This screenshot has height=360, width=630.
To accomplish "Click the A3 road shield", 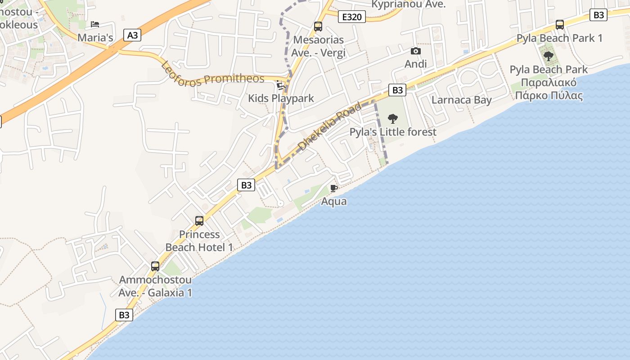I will [x=132, y=35].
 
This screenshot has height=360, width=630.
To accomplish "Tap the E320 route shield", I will [x=351, y=17].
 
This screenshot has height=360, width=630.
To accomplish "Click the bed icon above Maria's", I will [x=95, y=24].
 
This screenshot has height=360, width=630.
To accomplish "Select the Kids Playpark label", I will [x=281, y=99].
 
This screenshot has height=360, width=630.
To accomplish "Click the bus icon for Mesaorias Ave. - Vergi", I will [x=318, y=27].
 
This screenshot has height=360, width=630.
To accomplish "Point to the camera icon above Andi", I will [x=416, y=51].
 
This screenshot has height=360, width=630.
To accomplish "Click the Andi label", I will [x=416, y=64].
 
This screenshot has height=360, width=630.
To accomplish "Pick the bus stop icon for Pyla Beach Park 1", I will [x=560, y=25].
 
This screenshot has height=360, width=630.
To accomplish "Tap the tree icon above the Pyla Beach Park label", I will [x=549, y=56].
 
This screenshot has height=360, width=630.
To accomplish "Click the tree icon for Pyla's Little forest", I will [x=393, y=119].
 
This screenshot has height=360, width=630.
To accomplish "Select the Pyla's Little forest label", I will [x=393, y=132].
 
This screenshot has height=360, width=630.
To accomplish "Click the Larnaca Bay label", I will [x=462, y=100].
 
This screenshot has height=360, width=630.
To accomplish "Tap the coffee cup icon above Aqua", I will [x=334, y=188].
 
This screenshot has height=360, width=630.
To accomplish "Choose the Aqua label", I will [x=334, y=201].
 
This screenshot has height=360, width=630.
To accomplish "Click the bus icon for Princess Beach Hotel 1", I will [x=199, y=221].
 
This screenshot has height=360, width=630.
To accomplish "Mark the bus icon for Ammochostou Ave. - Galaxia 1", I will [x=155, y=266].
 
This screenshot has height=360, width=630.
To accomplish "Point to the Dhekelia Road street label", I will [x=330, y=126].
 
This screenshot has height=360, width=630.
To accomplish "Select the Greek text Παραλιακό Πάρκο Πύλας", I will [x=549, y=89].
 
